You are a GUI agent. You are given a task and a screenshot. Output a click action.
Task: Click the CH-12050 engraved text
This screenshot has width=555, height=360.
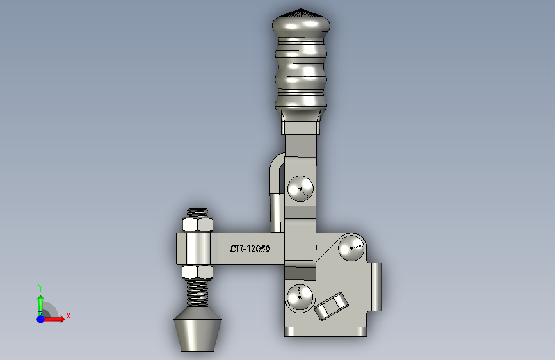pos(250,249)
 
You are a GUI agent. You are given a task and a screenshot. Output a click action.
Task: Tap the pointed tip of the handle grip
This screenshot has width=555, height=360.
pos(302,9)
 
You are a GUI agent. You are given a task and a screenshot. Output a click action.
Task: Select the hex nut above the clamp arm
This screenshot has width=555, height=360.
pos(198,225)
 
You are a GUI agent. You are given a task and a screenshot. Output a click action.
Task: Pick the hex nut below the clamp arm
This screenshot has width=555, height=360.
pos(198,272)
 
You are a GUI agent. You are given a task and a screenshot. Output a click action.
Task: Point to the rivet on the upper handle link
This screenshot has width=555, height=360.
pos(300,188)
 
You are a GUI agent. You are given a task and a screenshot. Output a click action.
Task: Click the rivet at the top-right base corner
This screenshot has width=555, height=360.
pos(351,248)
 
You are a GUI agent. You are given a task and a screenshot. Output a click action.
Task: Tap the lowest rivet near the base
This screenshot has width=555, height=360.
pos(300,297)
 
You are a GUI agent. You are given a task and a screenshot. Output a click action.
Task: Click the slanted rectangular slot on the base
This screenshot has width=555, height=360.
pos(332,306)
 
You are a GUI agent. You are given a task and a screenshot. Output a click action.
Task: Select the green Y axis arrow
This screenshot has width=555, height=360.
pos(41,305)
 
